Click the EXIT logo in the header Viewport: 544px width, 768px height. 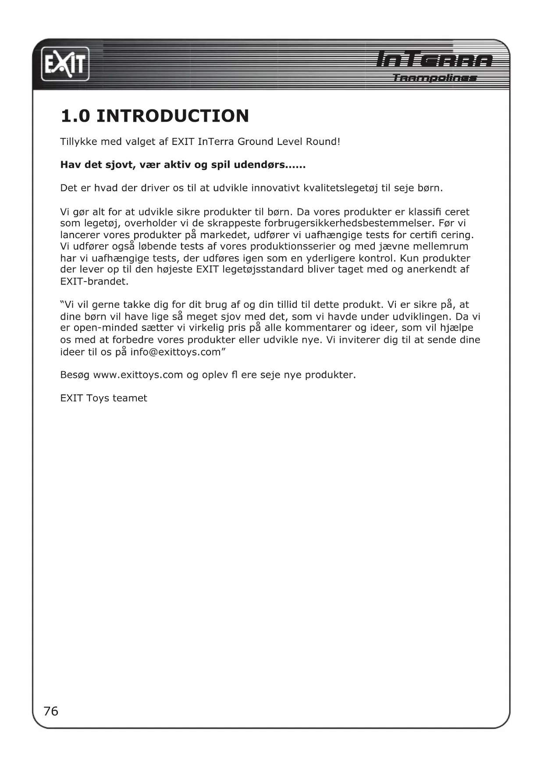[65, 65]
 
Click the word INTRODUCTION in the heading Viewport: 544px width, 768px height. [172, 116]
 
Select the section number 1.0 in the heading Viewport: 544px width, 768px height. [75, 116]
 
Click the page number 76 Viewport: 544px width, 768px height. [51, 711]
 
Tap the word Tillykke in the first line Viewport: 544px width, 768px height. [79, 142]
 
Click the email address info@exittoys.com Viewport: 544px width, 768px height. [175, 352]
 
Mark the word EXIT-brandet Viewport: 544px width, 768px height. [94, 282]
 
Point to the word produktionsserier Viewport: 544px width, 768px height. [293, 247]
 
